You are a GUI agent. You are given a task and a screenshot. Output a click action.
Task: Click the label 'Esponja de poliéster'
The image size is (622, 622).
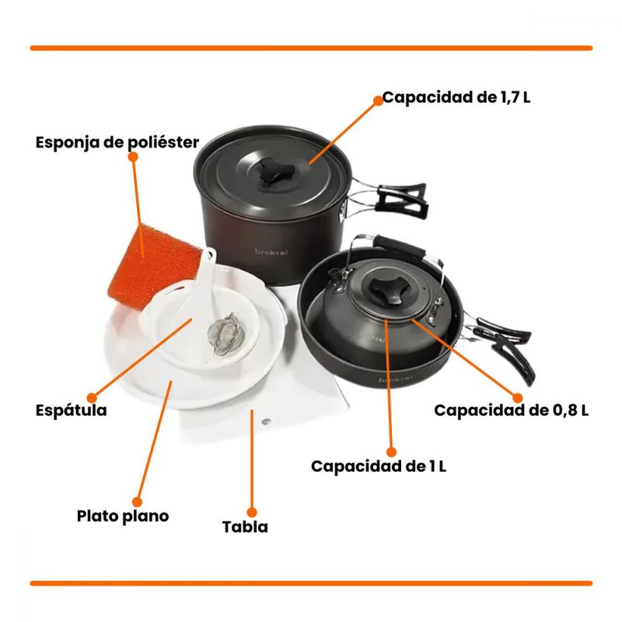point(117,142)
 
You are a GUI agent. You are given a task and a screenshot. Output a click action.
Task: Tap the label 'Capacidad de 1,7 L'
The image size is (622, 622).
point(456,97)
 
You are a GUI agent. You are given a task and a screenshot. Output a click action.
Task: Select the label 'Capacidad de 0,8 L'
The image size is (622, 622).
point(512,411)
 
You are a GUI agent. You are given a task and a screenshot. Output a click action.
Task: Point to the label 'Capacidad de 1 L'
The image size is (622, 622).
point(379,466)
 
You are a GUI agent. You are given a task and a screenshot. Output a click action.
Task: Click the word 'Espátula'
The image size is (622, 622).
point(72,410)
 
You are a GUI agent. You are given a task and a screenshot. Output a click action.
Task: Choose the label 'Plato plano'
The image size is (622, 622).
point(123,516)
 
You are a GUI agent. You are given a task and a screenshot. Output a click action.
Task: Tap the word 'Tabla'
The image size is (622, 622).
point(245,527)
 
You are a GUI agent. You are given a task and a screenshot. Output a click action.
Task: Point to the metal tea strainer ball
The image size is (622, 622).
point(223,334)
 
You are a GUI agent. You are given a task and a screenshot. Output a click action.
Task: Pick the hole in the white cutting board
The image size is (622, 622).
point(267,421)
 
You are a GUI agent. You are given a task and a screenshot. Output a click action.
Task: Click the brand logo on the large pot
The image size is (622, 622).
point(271,252)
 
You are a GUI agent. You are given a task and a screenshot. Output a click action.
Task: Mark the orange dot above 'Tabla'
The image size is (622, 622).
point(251,512)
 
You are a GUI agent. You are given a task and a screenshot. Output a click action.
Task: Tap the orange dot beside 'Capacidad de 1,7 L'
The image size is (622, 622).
point(378,101)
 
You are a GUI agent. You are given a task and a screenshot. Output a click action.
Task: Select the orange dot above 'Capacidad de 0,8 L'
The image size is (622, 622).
point(517,398)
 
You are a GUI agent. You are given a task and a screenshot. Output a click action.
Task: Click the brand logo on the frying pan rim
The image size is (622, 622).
point(396,379)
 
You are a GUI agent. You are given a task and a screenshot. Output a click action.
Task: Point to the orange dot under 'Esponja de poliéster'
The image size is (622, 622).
point(133,157)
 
